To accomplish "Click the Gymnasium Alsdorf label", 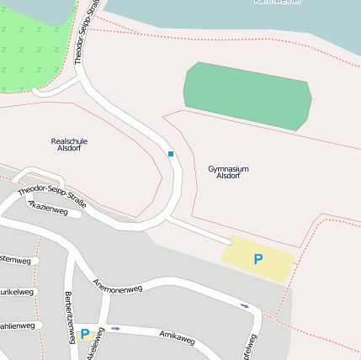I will [228, 172].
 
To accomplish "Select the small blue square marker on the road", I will [171, 154].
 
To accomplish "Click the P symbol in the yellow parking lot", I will [258, 260].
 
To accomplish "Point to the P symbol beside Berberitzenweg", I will [84, 334].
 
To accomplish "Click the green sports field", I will [247, 95].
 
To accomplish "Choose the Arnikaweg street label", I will [177, 337].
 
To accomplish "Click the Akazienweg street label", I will [48, 209].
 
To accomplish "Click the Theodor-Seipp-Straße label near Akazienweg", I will [52, 193].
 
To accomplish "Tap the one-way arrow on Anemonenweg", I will [245, 305].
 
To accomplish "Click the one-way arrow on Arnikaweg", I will [115, 328].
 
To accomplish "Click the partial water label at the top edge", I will [278, 3].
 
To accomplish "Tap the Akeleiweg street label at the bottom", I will [94, 345].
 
